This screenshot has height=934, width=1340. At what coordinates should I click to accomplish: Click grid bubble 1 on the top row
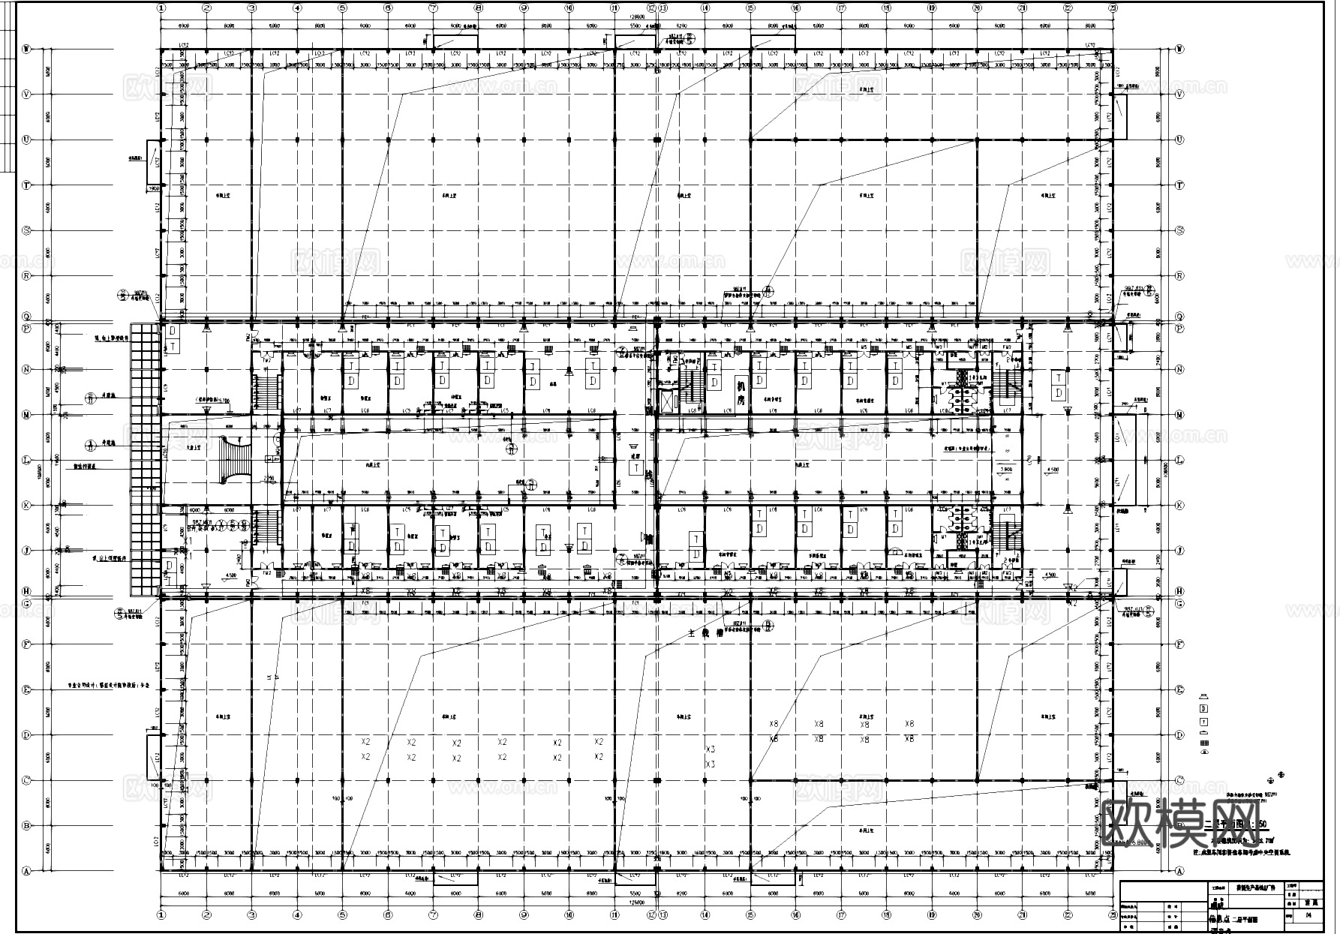coord(161,8)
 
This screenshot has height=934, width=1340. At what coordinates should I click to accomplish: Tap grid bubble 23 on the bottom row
coord(1113,915)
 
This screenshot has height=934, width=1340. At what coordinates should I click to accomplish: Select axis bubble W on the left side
coord(27,50)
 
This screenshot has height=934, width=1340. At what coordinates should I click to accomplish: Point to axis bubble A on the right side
coord(1179,871)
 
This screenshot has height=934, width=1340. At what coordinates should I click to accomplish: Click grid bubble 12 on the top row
coord(651,8)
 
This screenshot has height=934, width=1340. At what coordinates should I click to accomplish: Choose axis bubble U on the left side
coord(27,140)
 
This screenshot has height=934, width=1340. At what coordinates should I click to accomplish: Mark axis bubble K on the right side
coord(1179,506)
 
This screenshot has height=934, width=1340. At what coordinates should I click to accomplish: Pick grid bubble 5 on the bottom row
coord(343,915)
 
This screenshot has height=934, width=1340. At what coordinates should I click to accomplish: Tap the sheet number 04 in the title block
coord(1308,915)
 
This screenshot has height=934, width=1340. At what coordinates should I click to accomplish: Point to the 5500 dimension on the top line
coord(635,26)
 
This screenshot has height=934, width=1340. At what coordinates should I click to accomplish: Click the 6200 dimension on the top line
coord(681,26)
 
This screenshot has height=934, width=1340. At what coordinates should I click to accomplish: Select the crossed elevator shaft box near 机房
coord(666,401)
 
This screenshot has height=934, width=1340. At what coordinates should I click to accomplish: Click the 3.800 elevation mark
coord(1006,470)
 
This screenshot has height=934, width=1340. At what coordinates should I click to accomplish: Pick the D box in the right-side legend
coord(1204,708)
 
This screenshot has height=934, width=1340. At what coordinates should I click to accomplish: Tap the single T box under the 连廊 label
coord(635,469)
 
